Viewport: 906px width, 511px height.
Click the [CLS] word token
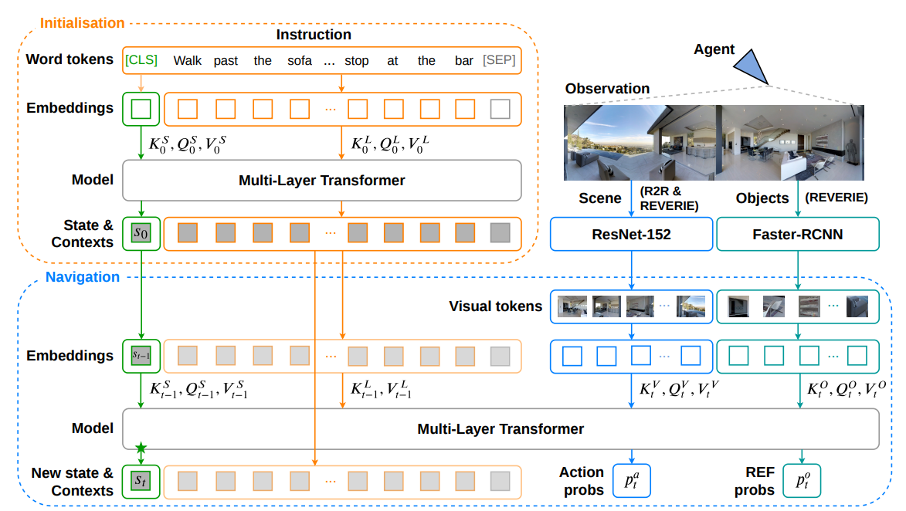click(x=141, y=60)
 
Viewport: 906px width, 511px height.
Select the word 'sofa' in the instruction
click(x=300, y=61)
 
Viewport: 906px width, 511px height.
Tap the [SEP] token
click(x=499, y=60)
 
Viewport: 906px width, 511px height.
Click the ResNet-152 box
click(x=631, y=235)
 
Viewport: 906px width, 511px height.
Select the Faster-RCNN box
click(x=797, y=235)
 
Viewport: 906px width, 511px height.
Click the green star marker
click(x=141, y=448)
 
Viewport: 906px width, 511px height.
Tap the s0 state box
click(x=141, y=233)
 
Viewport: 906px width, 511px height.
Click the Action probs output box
click(x=632, y=480)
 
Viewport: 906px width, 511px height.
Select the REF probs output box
click(x=802, y=480)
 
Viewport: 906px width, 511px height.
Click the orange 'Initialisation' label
click(x=82, y=23)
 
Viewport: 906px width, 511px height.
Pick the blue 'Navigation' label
click(x=83, y=277)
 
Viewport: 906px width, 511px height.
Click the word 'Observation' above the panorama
click(x=607, y=88)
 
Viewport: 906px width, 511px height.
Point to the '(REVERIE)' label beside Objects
click(x=836, y=198)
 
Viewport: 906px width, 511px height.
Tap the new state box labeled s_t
click(x=141, y=481)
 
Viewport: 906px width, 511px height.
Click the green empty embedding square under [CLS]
click(x=141, y=109)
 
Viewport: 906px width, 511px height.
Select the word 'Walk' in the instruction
click(x=188, y=61)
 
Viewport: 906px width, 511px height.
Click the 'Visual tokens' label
click(x=496, y=306)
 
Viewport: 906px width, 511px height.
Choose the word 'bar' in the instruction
click(x=464, y=61)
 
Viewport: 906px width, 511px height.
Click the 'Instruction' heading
click(x=314, y=35)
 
